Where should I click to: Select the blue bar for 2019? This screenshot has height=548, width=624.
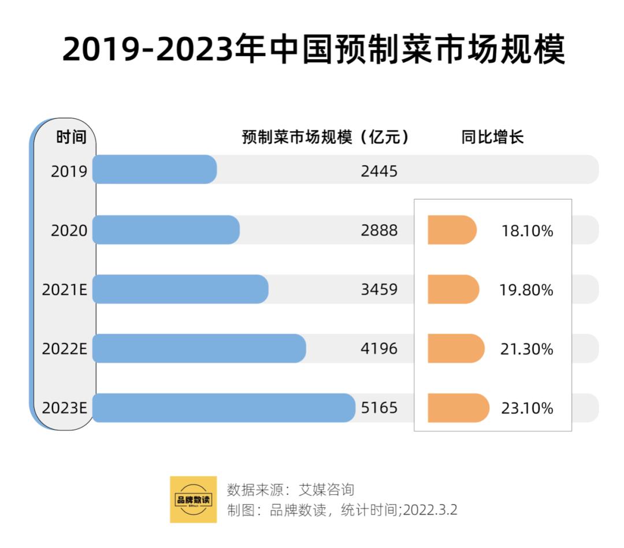click(x=154, y=170)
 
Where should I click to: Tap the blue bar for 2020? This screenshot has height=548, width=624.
click(x=166, y=230)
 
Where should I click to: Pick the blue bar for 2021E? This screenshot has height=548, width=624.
click(x=180, y=289)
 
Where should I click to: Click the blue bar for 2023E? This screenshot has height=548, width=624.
click(x=224, y=408)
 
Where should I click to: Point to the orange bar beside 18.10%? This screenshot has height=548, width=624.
click(x=452, y=230)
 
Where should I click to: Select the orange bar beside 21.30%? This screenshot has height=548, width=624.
click(x=455, y=348)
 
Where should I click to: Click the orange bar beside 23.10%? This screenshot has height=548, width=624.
click(x=458, y=408)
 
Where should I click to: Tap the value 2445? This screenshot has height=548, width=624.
click(x=379, y=171)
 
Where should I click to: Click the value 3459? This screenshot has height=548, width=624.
click(x=379, y=289)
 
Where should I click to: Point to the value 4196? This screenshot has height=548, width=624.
click(x=379, y=349)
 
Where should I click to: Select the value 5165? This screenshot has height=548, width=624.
click(x=379, y=408)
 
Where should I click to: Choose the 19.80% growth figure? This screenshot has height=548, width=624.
click(x=526, y=290)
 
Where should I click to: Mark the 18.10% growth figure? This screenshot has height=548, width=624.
click(x=526, y=231)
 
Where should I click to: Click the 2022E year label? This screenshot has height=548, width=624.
click(x=64, y=349)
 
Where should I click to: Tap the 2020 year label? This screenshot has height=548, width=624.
click(x=69, y=231)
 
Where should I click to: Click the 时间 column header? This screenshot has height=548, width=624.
click(x=71, y=137)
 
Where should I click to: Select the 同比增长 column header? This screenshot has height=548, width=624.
click(x=492, y=137)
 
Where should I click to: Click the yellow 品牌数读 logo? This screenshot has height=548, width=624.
click(x=193, y=499)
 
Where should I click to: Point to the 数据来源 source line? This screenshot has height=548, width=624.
click(x=290, y=490)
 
